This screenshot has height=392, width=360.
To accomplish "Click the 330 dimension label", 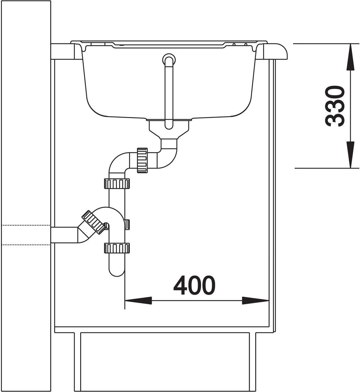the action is (x=334, y=106).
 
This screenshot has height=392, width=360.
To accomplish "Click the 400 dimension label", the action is (x=194, y=285).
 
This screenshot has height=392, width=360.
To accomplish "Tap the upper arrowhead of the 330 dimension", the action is (x=350, y=57).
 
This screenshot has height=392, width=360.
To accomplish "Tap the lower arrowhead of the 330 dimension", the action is (x=350, y=155).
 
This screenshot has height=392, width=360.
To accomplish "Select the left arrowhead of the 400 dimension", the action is (x=138, y=300).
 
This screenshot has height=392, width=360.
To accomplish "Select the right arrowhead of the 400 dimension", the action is (x=255, y=300).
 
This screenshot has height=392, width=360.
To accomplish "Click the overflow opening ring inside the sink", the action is (x=169, y=59).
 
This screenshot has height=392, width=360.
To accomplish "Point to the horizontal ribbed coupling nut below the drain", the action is (x=142, y=160).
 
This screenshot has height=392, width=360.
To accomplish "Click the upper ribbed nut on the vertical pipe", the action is (x=117, y=184).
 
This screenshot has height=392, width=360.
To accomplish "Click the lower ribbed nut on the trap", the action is (x=117, y=248).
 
